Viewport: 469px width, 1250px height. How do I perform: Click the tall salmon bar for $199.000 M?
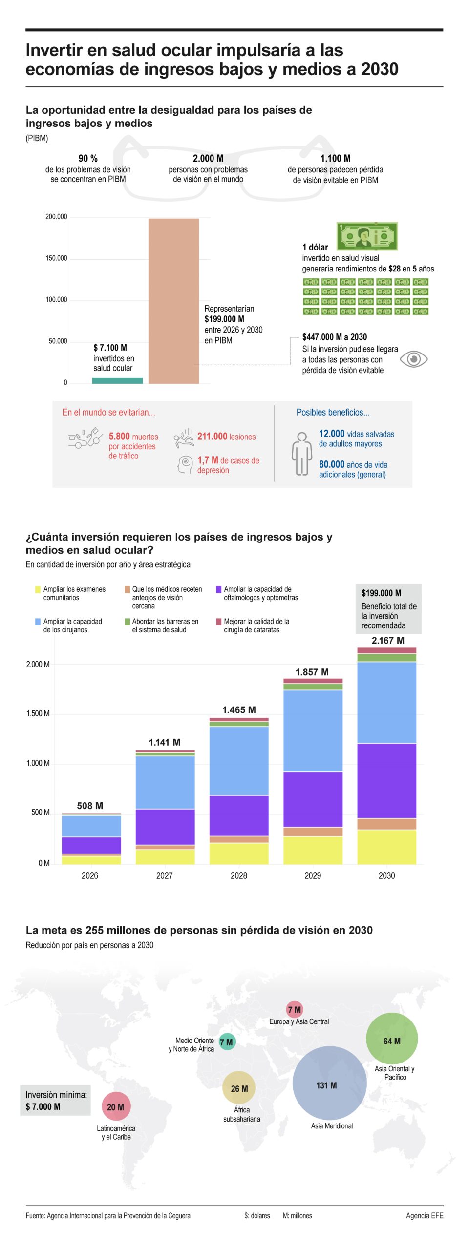click(x=173, y=300)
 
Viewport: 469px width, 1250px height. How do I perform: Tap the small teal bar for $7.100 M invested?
click(x=117, y=380)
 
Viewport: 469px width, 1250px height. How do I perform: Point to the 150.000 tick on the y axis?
click(x=56, y=258)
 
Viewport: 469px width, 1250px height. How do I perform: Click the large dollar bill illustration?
click(x=367, y=236)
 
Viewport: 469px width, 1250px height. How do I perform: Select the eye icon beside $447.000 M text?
click(x=413, y=359)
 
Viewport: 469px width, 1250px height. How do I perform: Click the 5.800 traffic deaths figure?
click(x=119, y=436)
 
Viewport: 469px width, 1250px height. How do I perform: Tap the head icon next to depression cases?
click(x=185, y=464)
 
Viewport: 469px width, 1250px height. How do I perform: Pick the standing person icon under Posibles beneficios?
click(x=301, y=453)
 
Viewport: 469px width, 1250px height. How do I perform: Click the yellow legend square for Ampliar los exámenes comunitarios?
click(x=38, y=589)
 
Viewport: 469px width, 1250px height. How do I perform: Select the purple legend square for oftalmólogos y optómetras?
click(x=219, y=589)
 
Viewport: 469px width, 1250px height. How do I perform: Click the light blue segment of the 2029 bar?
click(x=313, y=730)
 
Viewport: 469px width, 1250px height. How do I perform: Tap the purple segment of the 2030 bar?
click(x=386, y=780)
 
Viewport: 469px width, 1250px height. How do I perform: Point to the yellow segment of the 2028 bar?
click(x=239, y=853)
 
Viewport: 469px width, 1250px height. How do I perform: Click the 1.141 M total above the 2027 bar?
click(x=165, y=742)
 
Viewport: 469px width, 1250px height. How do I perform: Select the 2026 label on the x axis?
click(x=90, y=875)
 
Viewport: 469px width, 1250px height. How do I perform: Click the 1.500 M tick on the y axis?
click(x=38, y=713)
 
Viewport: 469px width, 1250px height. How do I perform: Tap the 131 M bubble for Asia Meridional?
click(x=329, y=1083)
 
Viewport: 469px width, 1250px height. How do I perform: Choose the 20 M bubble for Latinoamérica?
click(x=116, y=1106)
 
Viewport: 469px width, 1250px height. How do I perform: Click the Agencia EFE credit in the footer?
click(x=424, y=1215)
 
